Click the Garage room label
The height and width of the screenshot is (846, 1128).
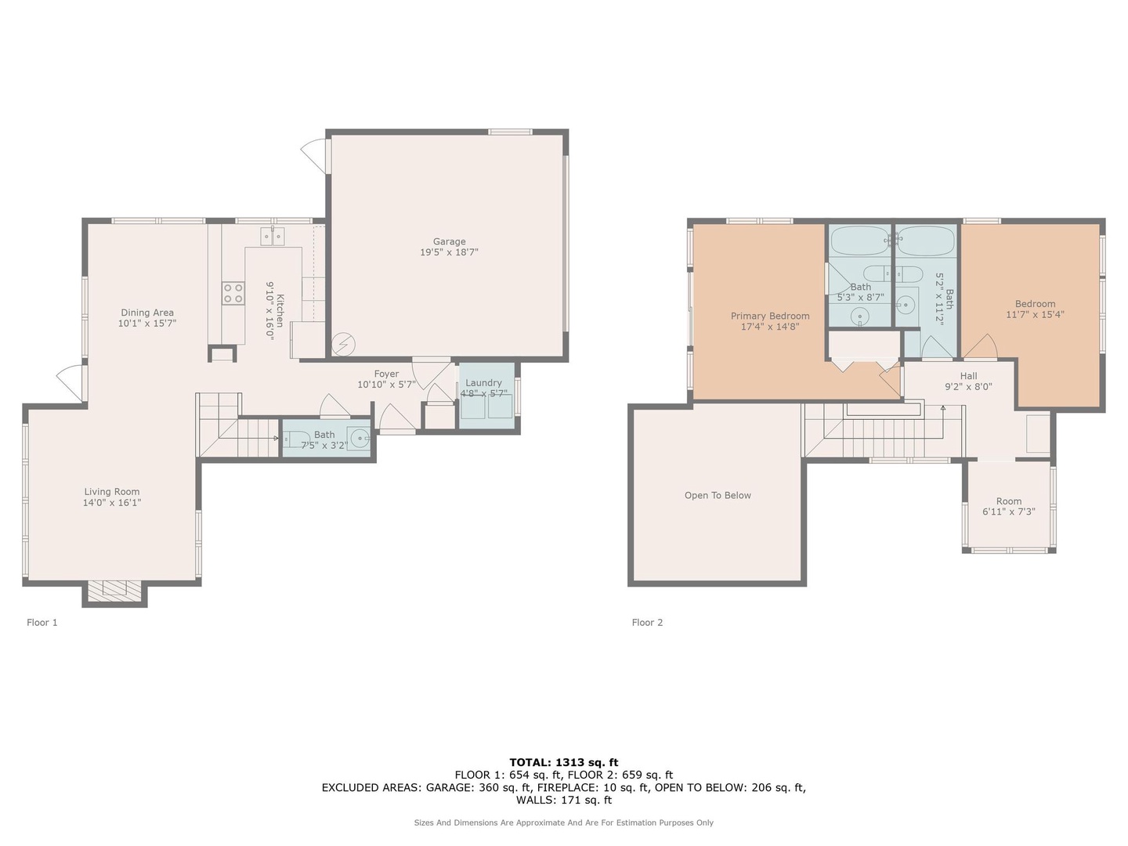click(x=449, y=241)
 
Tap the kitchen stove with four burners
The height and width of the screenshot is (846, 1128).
click(x=233, y=293)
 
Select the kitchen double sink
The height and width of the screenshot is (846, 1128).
click(x=273, y=237)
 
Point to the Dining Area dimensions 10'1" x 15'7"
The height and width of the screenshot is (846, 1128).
click(x=147, y=323)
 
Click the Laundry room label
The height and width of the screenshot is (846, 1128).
click(x=483, y=383)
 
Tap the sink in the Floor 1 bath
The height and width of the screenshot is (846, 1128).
click(x=360, y=438)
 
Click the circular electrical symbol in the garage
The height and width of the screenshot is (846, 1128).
click(x=343, y=344)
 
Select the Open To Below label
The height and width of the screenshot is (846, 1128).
click(x=718, y=495)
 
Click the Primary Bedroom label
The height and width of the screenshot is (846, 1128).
click(x=770, y=316)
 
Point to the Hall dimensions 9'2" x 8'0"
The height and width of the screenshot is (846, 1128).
click(x=968, y=387)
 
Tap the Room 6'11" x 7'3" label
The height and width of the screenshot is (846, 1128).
click(x=1009, y=506)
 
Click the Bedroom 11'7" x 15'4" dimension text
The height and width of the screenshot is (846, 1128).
click(x=1035, y=314)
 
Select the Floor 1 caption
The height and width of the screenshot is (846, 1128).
click(x=42, y=623)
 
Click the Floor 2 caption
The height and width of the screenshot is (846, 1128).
click(x=647, y=623)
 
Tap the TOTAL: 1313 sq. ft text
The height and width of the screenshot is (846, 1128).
click(x=564, y=762)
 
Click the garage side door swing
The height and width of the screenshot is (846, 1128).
click(x=312, y=154)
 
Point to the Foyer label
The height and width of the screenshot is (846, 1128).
click(x=386, y=374)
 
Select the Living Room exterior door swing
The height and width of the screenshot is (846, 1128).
click(x=70, y=381)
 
